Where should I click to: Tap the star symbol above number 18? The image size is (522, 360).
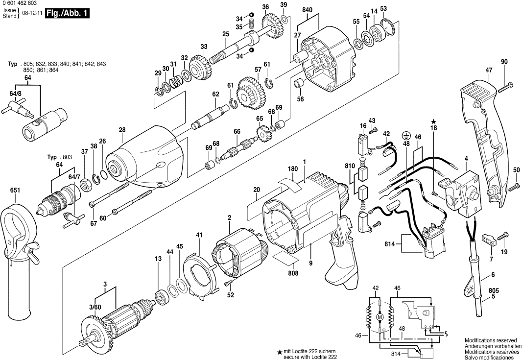(433, 121)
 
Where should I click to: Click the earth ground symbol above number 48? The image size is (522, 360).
(405, 135)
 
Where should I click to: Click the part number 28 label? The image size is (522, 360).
(122, 130)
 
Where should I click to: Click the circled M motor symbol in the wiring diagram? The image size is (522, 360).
(379, 318)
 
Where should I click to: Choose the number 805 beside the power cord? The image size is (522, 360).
(493, 290)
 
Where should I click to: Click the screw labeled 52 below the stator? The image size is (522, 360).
(228, 283)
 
